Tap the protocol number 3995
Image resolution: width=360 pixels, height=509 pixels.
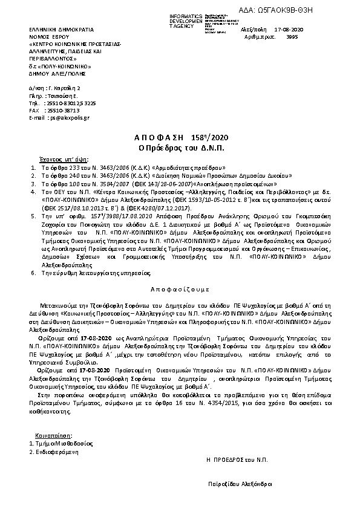pos(292,36)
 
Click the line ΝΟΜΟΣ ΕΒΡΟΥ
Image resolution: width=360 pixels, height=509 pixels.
pos(45,37)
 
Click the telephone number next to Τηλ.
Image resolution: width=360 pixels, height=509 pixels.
pos(71,103)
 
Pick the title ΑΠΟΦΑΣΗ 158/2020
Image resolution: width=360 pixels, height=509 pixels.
pos(179,137)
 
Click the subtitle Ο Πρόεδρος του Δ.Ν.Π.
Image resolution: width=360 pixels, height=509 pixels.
pos(179,148)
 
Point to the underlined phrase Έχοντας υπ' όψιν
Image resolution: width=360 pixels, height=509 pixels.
pos(56,157)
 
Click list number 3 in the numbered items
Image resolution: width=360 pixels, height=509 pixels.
pos(33,182)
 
